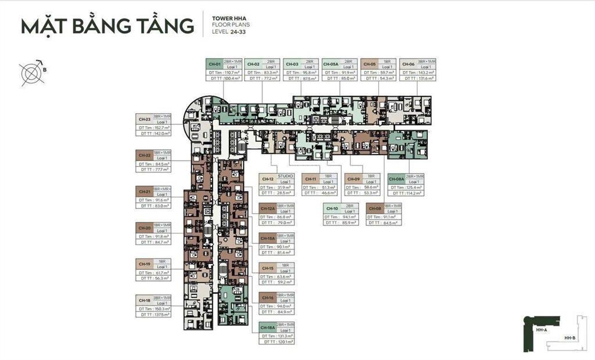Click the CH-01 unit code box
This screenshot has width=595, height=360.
point(214,63)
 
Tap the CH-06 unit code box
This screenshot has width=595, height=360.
point(408,63)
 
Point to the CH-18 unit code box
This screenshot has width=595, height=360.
point(145,300)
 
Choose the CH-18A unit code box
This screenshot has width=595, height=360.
point(267,328)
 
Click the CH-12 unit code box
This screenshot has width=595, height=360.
point(268,179)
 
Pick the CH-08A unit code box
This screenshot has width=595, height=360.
point(397,179)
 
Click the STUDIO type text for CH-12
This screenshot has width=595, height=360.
point(286,176)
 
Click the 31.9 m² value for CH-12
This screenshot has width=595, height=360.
point(283,188)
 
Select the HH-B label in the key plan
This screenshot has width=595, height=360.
point(569,339)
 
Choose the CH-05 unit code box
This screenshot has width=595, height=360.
point(370,63)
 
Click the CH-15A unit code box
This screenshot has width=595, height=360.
point(268,239)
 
